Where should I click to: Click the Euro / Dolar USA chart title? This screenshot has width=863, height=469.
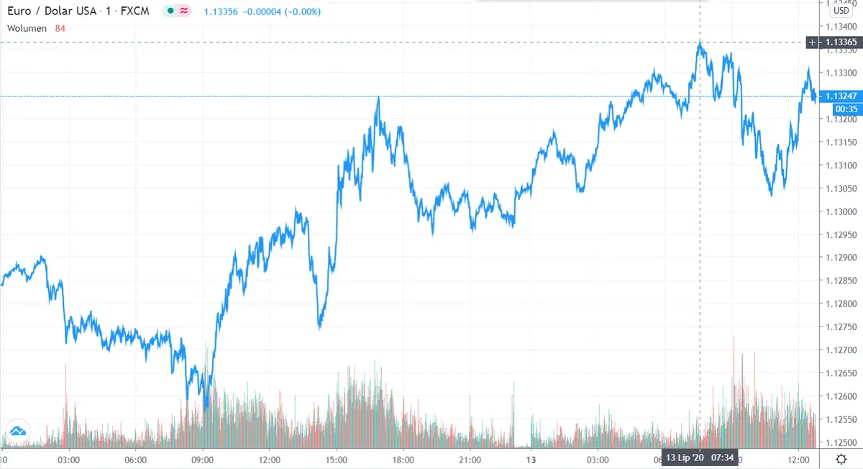pos(52,12)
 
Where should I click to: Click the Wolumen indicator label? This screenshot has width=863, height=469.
pos(27,28)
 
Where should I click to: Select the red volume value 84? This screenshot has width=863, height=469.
pos(60,28)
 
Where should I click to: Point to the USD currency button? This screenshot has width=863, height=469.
pos(841,10)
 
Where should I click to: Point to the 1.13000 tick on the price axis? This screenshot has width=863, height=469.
pos(841,211)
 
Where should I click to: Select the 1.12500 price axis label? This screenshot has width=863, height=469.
pos(841,442)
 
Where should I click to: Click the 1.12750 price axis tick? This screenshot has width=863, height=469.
pos(841,327)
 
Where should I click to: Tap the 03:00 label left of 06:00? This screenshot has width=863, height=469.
pos(68,459)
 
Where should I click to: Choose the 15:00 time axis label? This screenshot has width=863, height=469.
pos(336,459)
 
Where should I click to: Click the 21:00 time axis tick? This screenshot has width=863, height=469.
pos(470,459)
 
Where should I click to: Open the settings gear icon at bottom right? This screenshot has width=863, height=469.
pos(841,459)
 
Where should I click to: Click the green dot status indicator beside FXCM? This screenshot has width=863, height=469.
pos(170,12)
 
